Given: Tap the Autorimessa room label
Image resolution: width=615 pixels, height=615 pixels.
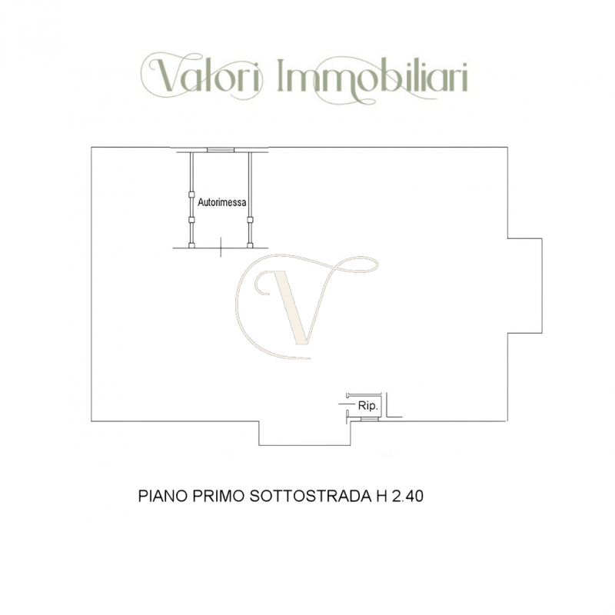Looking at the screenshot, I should coord(222,203).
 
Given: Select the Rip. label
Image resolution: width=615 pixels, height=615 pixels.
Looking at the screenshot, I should coord(366,404).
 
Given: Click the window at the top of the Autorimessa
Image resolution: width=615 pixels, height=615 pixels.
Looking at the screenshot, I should coord(220,149).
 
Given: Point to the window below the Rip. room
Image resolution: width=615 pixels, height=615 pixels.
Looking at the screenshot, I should coord(368,421).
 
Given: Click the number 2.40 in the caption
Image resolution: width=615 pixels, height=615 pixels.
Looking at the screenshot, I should coord(408,497).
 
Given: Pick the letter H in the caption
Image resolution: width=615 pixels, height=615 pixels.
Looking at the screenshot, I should coord(381,497).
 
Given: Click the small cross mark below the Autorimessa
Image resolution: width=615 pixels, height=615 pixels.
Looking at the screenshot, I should coord(221,248).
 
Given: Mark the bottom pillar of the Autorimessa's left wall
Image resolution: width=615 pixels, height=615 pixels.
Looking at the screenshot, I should coord(191,246).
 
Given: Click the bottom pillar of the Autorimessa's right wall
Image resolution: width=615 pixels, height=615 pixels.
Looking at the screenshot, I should coord(250,246).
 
